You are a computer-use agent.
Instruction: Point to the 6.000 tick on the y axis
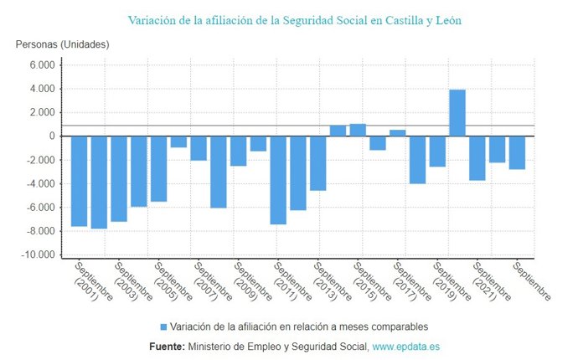41,65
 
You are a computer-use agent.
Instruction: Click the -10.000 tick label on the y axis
38,255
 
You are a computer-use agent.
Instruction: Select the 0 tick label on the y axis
52,136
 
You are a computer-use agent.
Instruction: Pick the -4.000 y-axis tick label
39,184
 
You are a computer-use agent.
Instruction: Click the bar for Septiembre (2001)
79,181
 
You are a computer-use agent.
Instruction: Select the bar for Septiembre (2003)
119,178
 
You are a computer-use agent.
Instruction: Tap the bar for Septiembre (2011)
278,180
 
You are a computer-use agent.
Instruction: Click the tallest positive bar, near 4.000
457,113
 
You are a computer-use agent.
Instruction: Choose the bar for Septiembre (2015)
358,130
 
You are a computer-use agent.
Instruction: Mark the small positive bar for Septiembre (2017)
398,133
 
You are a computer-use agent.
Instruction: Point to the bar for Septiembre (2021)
477,158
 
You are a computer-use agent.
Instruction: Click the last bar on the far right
517,152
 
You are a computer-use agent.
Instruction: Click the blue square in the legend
163,327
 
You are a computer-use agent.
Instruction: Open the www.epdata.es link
406,346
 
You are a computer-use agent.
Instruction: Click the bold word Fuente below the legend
167,346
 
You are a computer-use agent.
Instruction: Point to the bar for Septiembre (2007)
199,148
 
